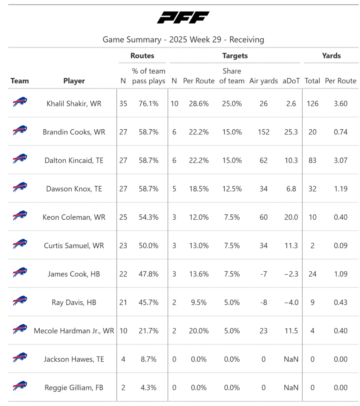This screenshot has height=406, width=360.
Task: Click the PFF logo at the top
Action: [183, 18]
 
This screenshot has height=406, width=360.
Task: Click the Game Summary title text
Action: [183, 40]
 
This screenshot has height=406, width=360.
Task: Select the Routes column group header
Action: [142, 56]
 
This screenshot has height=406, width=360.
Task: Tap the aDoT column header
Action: [291, 81]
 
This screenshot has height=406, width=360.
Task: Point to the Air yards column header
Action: [263, 81]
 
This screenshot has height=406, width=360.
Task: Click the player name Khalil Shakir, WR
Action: [74, 103]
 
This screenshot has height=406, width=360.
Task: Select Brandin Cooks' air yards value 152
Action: [263, 132]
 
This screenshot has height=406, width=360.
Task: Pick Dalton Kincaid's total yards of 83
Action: [312, 161]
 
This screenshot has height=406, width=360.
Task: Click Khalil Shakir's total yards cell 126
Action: [312, 103]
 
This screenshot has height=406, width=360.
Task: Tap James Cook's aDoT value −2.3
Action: [291, 274]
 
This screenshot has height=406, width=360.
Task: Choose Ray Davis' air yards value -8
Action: [263, 303]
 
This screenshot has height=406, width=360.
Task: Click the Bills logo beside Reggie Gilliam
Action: [20, 386]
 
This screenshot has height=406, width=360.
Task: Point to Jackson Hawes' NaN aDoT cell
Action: [291, 359]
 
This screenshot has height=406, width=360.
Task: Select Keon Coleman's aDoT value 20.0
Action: [291, 217]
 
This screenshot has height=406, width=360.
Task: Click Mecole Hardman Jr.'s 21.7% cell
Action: [149, 331]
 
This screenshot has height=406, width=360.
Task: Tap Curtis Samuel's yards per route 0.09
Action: [341, 246]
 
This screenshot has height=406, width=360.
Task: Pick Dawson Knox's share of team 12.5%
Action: [232, 189]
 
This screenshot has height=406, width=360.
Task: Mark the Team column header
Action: [20, 81]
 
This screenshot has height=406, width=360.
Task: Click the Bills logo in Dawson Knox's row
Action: [20, 188]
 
